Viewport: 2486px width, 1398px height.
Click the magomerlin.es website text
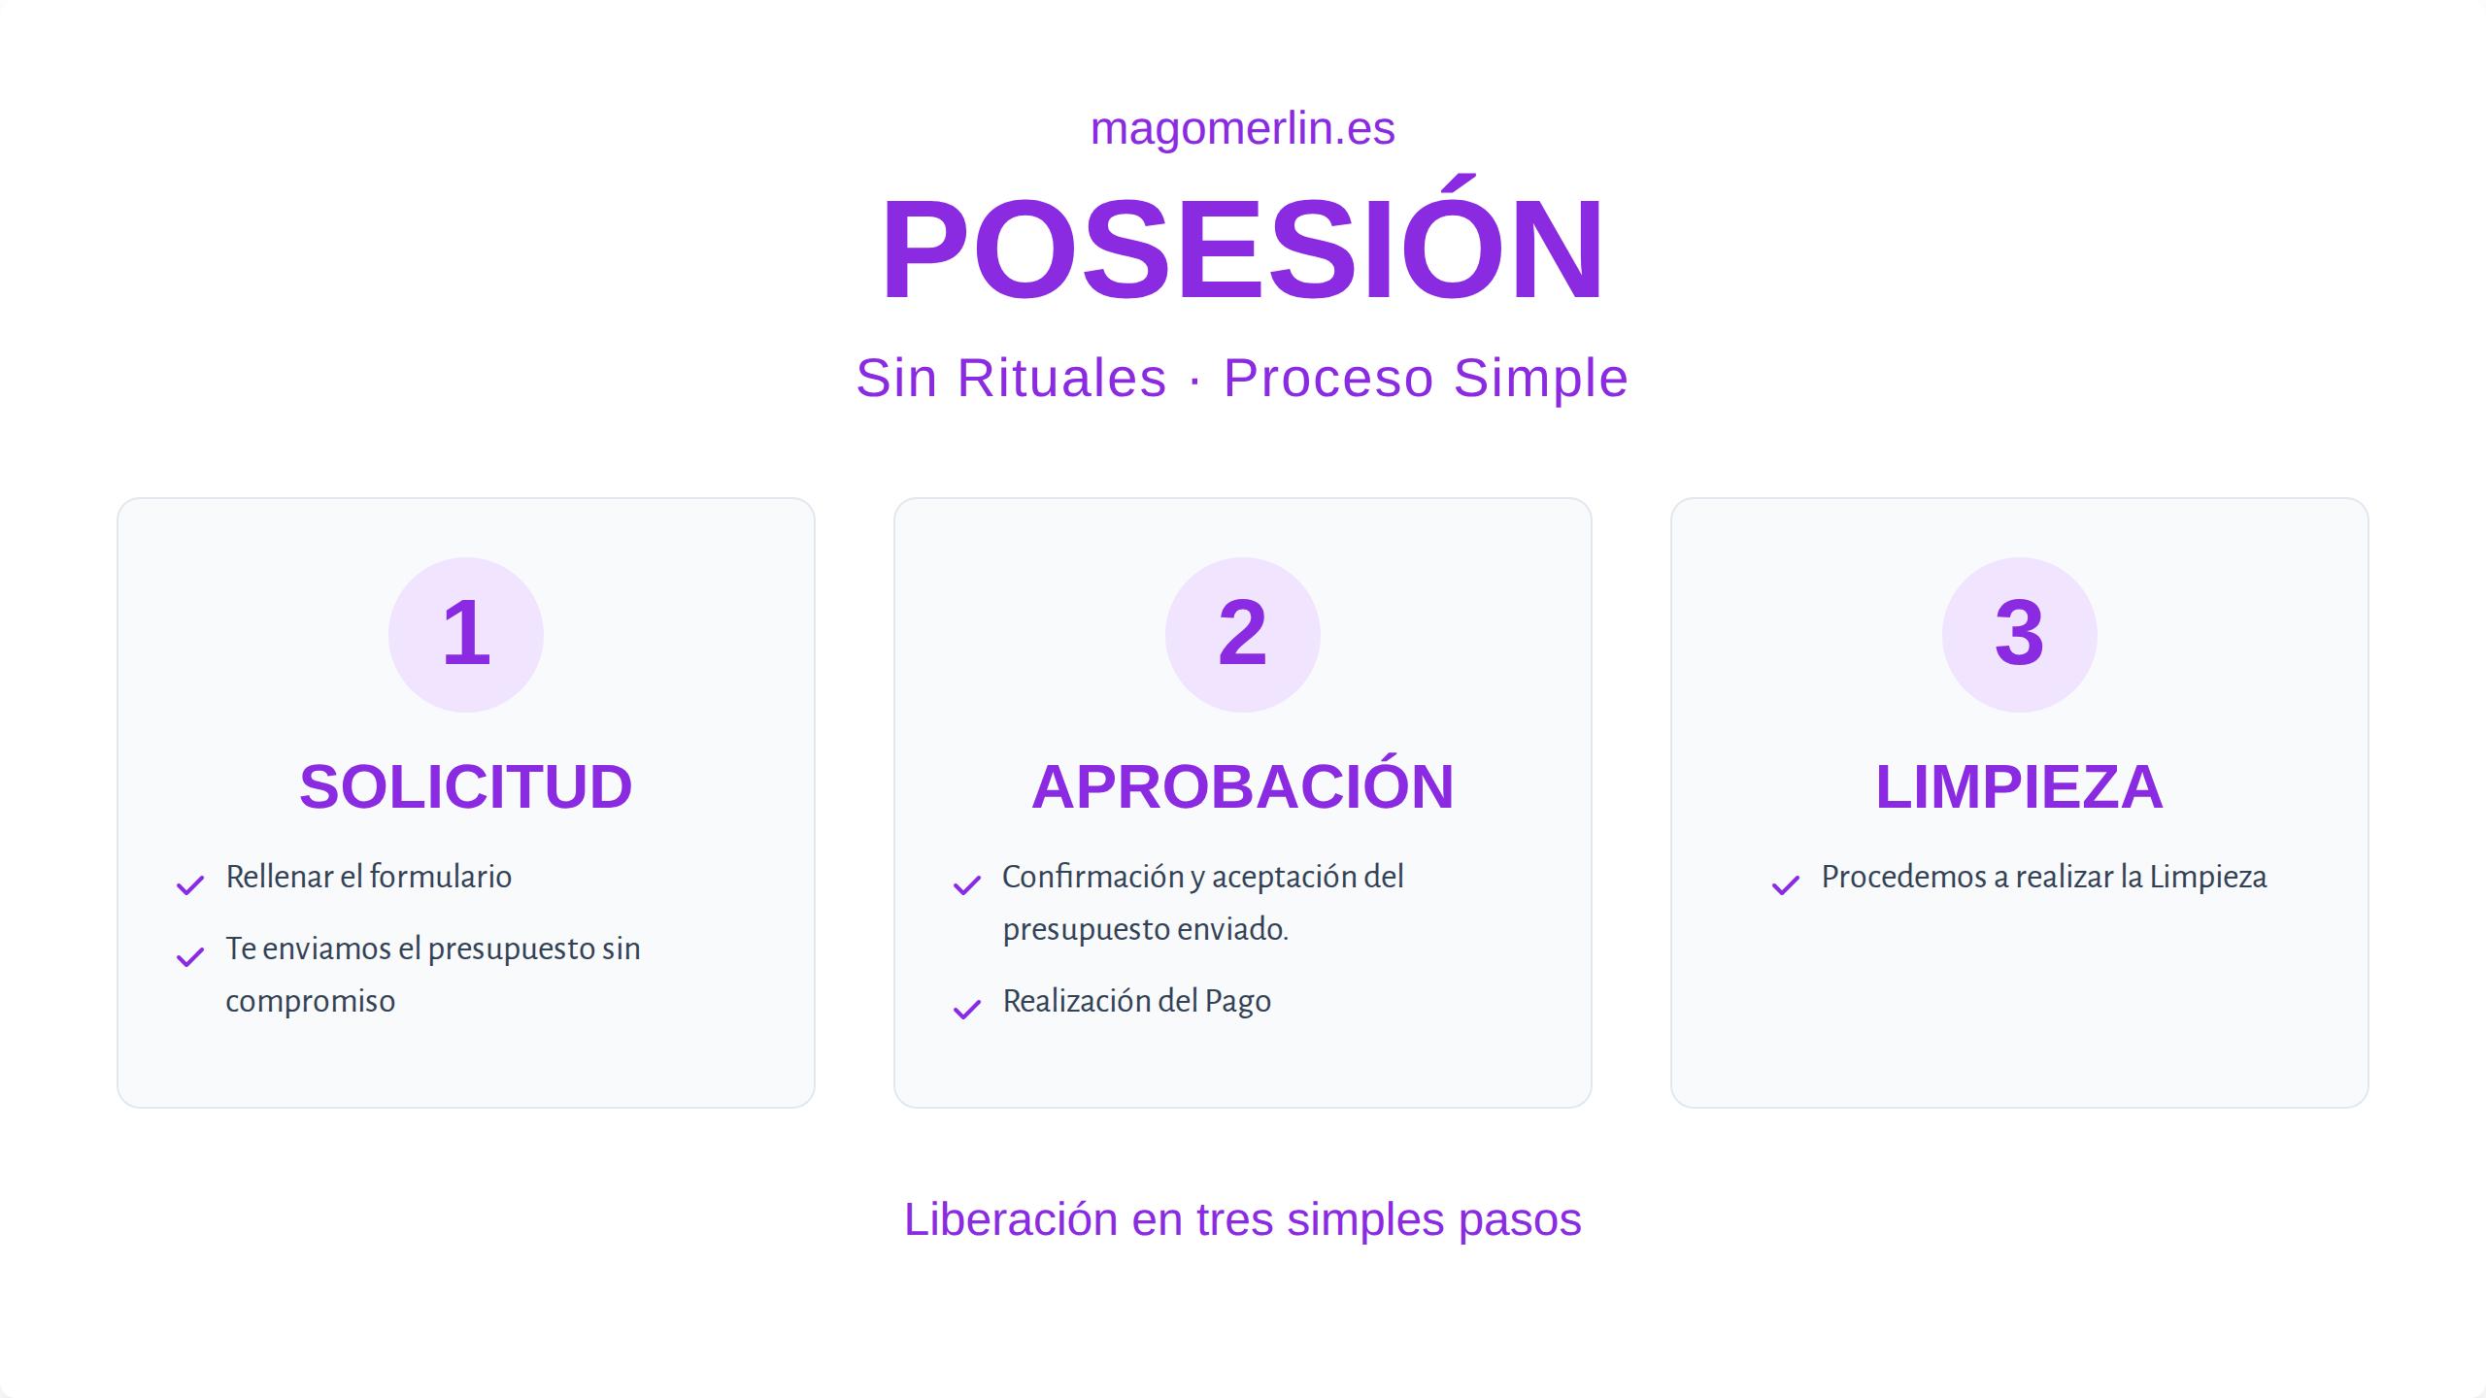click(x=1242, y=129)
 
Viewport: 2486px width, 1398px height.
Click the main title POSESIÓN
click(x=1242, y=250)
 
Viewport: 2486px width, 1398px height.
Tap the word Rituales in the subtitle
click(x=1061, y=378)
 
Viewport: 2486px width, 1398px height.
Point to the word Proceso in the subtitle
click(x=1328, y=378)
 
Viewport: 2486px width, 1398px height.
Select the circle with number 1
click(x=466, y=634)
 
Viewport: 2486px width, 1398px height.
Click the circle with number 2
click(x=1242, y=634)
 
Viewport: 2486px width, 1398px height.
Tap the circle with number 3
click(x=2019, y=634)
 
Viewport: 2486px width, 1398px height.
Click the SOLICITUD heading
click(x=466, y=786)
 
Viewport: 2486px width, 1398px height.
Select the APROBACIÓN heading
click(x=1242, y=786)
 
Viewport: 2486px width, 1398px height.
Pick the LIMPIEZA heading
click(x=2019, y=786)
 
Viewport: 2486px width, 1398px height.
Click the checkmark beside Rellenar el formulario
click(x=190, y=884)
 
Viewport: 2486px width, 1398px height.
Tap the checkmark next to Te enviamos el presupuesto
click(x=190, y=956)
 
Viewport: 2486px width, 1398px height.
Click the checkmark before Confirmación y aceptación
click(x=967, y=884)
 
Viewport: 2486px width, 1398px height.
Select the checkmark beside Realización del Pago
click(x=967, y=1009)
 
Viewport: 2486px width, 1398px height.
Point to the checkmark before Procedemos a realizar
click(x=1786, y=884)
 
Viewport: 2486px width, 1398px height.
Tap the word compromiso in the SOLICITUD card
click(x=310, y=1001)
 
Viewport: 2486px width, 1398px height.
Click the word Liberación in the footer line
click(x=1011, y=1219)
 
